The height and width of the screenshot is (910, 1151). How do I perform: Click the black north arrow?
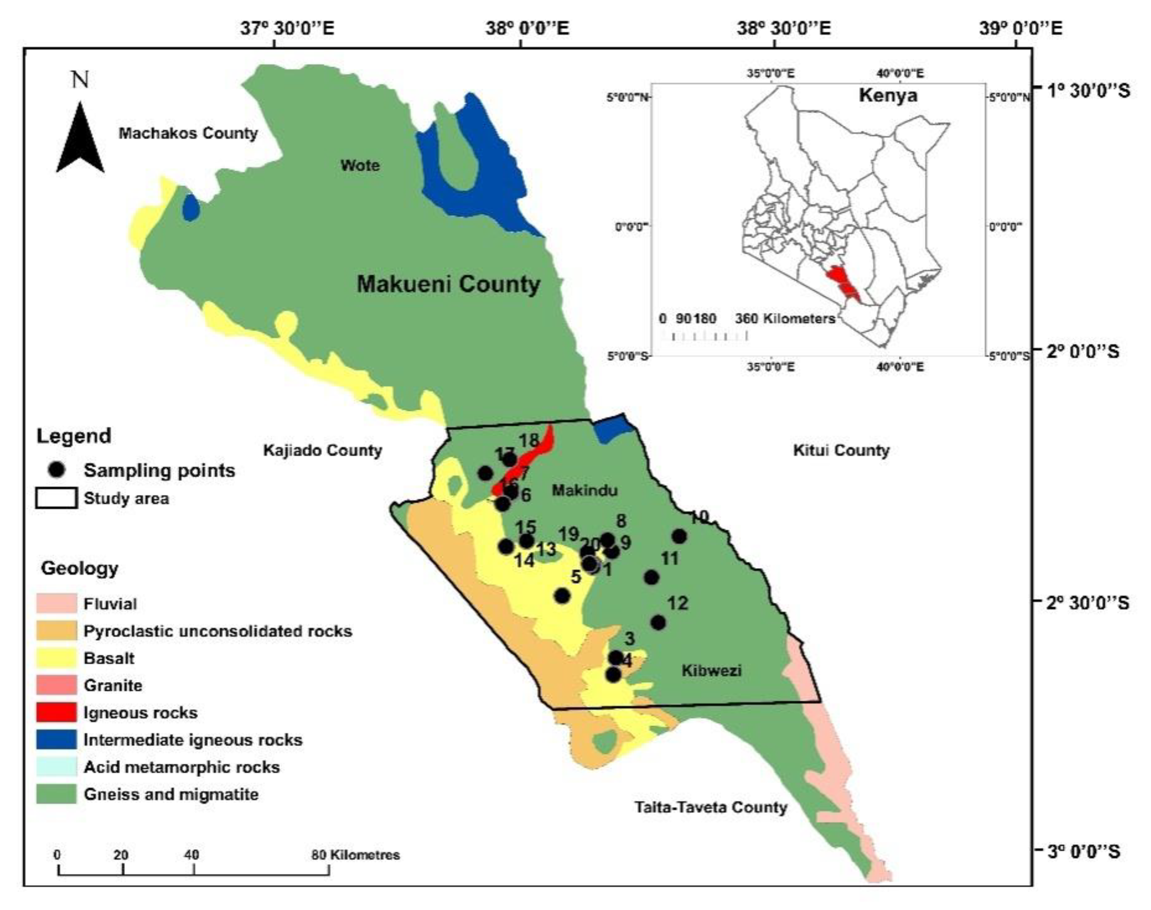[x=80, y=139]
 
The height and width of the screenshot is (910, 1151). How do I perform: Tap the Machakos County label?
[x=188, y=133]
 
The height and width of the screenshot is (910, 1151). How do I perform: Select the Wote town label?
[x=360, y=165]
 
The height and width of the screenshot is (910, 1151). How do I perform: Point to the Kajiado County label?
[x=323, y=451]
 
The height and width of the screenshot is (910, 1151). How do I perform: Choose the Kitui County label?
[x=841, y=451]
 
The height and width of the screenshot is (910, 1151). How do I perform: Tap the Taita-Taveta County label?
[x=711, y=807]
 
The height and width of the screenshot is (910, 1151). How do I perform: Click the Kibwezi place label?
[x=712, y=670]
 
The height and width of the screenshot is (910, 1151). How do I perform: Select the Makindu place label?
[x=584, y=490]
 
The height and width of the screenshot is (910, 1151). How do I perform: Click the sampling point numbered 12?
[x=658, y=622]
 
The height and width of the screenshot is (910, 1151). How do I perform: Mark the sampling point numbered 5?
[x=562, y=596]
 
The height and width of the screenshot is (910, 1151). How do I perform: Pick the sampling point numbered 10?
[x=679, y=536]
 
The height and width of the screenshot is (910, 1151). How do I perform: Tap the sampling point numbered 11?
[x=652, y=578]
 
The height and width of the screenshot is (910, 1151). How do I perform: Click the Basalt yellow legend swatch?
[x=56, y=658]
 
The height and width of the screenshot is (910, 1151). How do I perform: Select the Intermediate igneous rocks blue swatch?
[x=56, y=740]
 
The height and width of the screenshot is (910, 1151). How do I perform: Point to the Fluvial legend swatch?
[x=56, y=603]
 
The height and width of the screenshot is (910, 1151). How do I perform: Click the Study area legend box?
[x=56, y=499]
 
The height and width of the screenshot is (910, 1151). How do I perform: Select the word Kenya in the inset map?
[x=887, y=96]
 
